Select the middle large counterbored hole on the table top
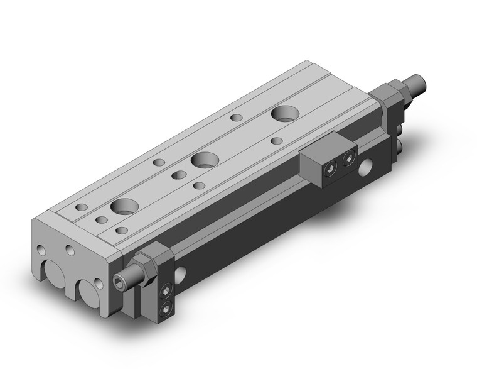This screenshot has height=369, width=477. click(203, 160)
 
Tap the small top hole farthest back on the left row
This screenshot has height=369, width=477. click(237, 117)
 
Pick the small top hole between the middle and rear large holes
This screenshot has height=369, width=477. click(276, 140)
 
